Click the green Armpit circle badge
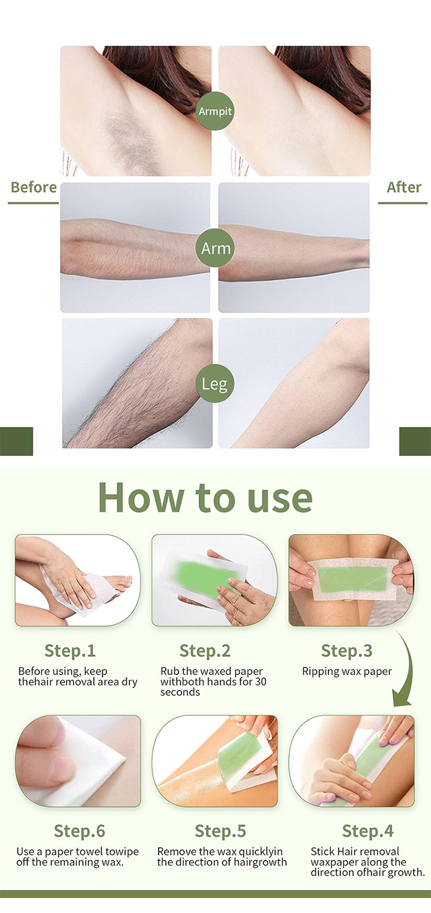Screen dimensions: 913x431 [x=215, y=111]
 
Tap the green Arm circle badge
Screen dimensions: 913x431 [x=215, y=248]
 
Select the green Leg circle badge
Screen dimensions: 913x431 [x=214, y=383]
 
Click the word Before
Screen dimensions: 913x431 [x=33, y=187]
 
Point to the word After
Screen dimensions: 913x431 [x=403, y=187]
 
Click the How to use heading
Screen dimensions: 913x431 [x=205, y=497]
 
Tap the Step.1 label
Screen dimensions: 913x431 [x=70, y=651]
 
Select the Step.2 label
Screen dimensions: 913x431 [x=205, y=651]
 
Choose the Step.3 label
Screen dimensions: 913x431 [x=347, y=651]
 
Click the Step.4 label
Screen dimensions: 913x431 [x=368, y=831]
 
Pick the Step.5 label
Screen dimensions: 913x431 [x=220, y=831]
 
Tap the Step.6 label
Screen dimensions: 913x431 [x=79, y=831]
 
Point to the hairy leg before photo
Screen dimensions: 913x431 [x=137, y=383]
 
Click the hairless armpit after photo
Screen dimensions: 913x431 [x=294, y=111]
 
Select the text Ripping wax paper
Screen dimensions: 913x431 [x=347, y=672]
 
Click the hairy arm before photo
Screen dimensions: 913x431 [x=135, y=248]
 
